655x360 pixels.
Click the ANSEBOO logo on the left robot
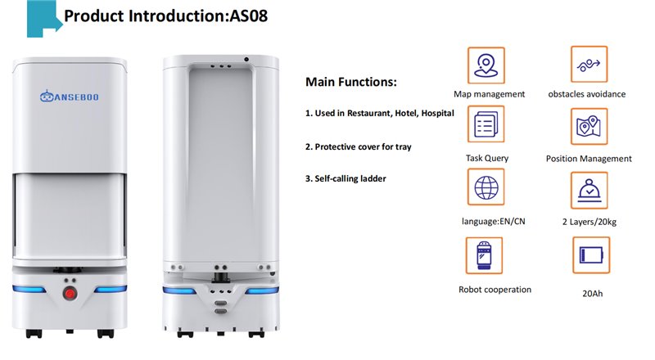point(70,97)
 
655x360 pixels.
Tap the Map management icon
point(486,65)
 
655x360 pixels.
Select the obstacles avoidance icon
point(589,65)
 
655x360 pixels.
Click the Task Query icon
point(486,124)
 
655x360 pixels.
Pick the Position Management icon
point(589,126)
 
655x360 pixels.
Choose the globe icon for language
point(486,187)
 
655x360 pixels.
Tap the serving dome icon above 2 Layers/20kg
point(589,191)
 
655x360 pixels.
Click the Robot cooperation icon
point(484,255)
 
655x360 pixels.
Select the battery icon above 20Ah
point(591,255)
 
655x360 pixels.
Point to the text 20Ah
point(592,294)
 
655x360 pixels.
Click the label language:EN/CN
point(494,222)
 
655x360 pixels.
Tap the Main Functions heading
point(351,82)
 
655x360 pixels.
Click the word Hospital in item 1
point(437,113)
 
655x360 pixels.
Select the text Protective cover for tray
point(363,147)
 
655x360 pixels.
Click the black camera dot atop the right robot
point(246,59)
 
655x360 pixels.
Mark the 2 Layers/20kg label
point(589,222)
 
